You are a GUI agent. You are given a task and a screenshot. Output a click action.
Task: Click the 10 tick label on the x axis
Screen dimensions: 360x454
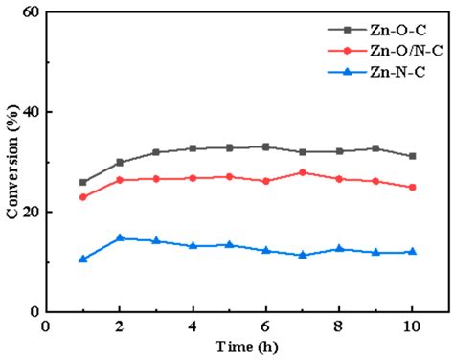(412, 326)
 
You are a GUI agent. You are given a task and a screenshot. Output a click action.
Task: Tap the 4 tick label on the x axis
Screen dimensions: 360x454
(193, 326)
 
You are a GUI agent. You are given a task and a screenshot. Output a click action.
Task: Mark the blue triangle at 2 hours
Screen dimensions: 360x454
(120, 238)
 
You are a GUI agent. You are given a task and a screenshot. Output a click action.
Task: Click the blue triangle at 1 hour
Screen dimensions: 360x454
(83, 259)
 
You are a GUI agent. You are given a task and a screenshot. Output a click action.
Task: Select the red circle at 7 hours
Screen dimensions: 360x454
(303, 172)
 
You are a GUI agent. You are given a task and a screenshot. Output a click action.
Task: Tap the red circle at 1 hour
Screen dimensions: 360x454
(83, 197)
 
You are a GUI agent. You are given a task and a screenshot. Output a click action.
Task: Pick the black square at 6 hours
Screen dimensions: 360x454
(265, 146)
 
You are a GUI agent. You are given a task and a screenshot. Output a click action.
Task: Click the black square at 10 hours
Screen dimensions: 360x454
(412, 156)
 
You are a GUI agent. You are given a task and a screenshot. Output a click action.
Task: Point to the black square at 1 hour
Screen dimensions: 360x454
(83, 182)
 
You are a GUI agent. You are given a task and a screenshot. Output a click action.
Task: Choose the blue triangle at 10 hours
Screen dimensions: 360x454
(412, 252)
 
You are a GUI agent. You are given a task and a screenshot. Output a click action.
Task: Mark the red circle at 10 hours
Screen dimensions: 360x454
(412, 188)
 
